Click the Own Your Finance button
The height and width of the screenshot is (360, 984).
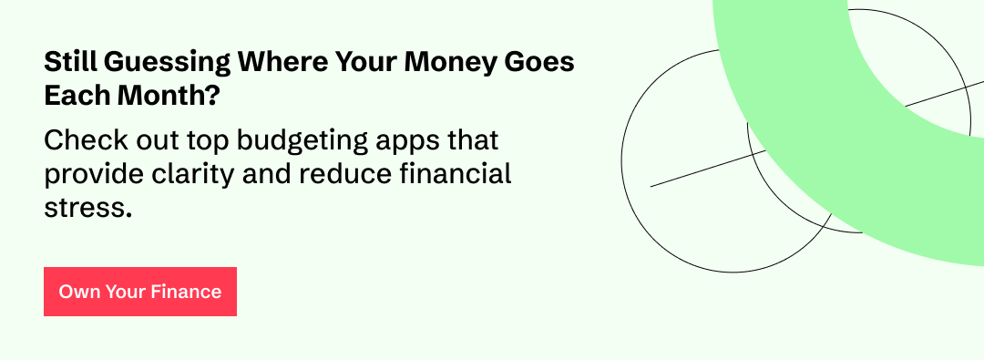click(x=140, y=292)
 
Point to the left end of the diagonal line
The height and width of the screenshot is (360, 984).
click(x=651, y=187)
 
